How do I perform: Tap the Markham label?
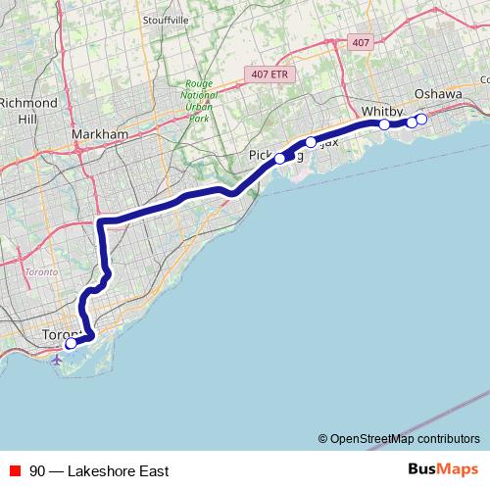click(101, 134)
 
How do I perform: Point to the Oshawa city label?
click(437, 93)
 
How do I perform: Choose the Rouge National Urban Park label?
click(199, 101)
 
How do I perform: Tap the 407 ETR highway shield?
click(268, 73)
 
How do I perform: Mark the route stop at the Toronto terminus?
click(71, 344)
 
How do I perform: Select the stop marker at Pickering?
click(280, 158)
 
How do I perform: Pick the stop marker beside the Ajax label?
click(311, 142)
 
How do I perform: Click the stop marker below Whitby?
click(384, 124)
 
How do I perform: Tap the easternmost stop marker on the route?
click(421, 119)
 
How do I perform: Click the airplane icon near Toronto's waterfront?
click(56, 359)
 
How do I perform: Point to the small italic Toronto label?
click(40, 271)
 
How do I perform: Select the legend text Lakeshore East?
click(119, 470)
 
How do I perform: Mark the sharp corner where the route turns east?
click(101, 221)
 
